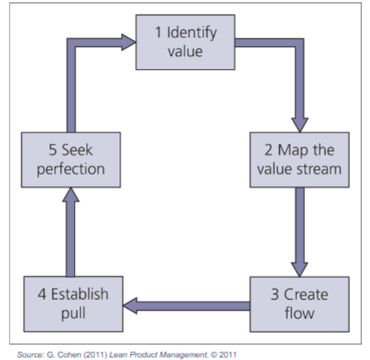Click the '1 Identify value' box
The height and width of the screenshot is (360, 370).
pyautogui.click(x=185, y=42)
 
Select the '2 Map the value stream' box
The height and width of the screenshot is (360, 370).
pyautogui.click(x=299, y=160)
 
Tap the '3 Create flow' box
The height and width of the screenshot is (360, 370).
pyautogui.click(x=299, y=304)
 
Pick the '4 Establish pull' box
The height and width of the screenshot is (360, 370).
pyautogui.click(x=73, y=304)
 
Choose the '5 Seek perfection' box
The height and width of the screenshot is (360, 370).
pyautogui.click(x=71, y=160)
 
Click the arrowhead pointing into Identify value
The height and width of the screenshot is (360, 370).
pyautogui.click(x=128, y=42)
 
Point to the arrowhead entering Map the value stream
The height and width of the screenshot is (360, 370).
pyautogui.click(x=299, y=125)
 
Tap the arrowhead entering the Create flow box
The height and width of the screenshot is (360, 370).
pyautogui.click(x=299, y=270)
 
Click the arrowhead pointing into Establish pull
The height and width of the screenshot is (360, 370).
pyautogui.click(x=130, y=306)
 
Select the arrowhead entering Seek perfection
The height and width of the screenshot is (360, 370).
pyautogui.click(x=71, y=194)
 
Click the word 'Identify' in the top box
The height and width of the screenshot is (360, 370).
pyautogui.click(x=192, y=33)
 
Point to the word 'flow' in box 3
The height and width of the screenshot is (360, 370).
pyautogui.click(x=299, y=314)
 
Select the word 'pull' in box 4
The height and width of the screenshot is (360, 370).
pyautogui.click(x=73, y=314)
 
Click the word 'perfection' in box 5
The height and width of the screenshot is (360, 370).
pyautogui.click(x=71, y=170)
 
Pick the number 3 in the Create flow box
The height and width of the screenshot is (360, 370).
pyautogui.click(x=275, y=294)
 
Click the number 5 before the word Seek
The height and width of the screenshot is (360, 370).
pyautogui.click(x=53, y=150)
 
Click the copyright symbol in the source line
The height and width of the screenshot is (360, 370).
pyautogui.click(x=214, y=354)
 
